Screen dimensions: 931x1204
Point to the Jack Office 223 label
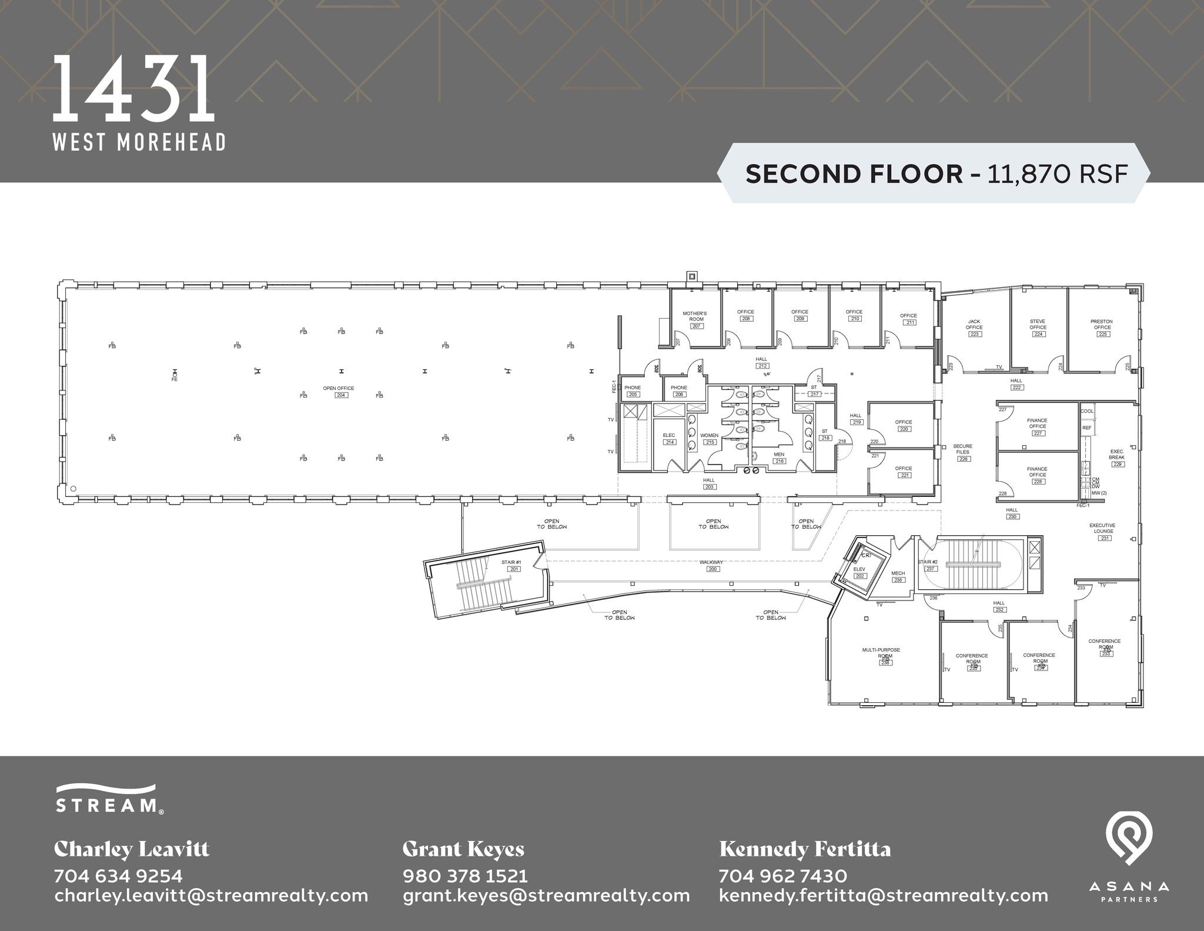coord(974,328)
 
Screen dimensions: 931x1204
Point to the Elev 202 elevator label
coord(859,572)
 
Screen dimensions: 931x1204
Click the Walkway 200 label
coord(711,565)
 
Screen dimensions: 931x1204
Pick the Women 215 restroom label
coord(710,439)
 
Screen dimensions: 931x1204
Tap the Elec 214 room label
coord(669,439)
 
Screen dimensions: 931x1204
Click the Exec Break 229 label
coord(1116,458)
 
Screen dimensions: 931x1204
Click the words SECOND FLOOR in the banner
coord(854,174)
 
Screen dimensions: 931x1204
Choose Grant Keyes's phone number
coord(465,876)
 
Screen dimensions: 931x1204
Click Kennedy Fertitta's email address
coord(883,896)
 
